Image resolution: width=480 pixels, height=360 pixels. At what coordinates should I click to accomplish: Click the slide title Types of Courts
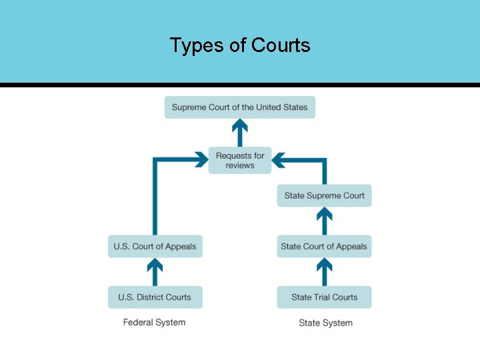tap(240, 45)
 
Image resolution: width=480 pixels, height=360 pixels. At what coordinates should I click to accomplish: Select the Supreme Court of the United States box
tap(240, 107)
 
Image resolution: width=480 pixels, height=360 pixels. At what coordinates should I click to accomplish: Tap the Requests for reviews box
tap(240, 160)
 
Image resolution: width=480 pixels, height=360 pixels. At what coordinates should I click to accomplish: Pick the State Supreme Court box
tap(324, 195)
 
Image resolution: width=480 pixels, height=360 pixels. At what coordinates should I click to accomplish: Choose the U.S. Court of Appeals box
tap(155, 246)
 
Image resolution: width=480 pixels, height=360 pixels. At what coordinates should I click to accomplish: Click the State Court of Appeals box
tap(324, 246)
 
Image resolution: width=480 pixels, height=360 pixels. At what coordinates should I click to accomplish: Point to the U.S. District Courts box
tap(155, 297)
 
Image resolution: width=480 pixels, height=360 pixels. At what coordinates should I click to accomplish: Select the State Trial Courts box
tap(324, 297)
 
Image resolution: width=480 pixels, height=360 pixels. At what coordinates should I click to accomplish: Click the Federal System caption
tap(154, 323)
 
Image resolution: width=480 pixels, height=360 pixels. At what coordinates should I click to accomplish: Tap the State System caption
tap(325, 323)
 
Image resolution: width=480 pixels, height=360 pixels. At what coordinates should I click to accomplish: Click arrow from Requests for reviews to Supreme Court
tap(240, 133)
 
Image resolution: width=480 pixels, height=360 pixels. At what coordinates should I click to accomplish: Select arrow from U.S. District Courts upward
tap(155, 272)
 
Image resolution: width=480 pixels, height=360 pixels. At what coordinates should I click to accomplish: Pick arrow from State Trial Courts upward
tap(324, 272)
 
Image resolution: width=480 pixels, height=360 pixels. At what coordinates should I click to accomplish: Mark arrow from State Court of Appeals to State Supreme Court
tap(324, 221)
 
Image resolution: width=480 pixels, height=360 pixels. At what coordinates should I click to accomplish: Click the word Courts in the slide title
tap(281, 45)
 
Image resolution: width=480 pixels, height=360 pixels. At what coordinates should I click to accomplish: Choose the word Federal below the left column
tap(138, 323)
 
